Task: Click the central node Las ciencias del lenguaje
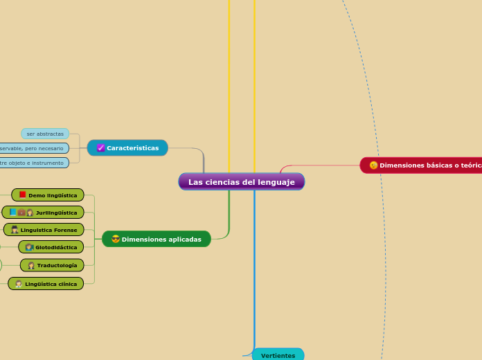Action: pyautogui.click(x=241, y=182)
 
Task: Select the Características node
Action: pyautogui.click(x=127, y=148)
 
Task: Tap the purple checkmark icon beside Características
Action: pyautogui.click(x=100, y=148)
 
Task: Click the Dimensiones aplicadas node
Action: pyautogui.click(x=157, y=240)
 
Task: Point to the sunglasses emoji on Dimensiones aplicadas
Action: pyautogui.click(x=116, y=240)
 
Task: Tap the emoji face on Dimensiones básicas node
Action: pyautogui.click(x=374, y=165)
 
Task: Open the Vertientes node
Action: pyautogui.click(x=278, y=355)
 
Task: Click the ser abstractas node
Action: pyautogui.click(x=45, y=134)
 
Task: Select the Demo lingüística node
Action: pyautogui.click(x=48, y=195)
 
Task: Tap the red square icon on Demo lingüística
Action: pyautogui.click(x=23, y=195)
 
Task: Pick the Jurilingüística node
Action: pyautogui.click(x=43, y=213)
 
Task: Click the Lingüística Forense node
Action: pyautogui.click(x=44, y=230)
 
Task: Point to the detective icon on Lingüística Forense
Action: pyautogui.click(x=15, y=230)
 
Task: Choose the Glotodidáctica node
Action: pyautogui.click(x=51, y=247)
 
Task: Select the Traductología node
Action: pyautogui.click(x=52, y=265)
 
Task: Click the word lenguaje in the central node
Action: pyautogui.click(x=274, y=182)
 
